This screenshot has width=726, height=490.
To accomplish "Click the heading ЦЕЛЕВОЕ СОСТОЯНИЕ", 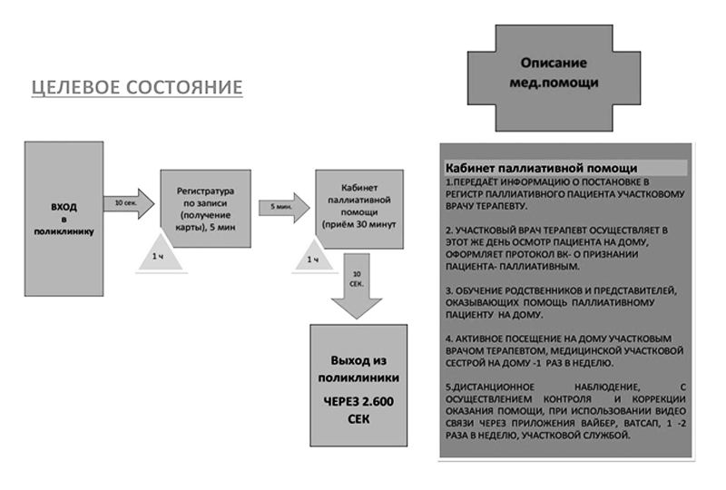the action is (x=137, y=87).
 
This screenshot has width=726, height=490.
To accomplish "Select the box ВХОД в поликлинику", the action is (x=64, y=219).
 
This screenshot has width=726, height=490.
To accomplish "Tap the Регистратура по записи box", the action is (x=206, y=209).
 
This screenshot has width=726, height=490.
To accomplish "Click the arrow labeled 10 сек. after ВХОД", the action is (x=129, y=203).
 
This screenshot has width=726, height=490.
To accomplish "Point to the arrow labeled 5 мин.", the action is (x=284, y=208).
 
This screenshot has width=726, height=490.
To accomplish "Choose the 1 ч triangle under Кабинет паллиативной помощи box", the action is (x=314, y=255).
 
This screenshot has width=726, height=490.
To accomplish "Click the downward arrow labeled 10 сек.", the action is (x=357, y=286).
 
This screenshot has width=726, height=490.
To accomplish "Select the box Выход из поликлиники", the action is (x=358, y=386).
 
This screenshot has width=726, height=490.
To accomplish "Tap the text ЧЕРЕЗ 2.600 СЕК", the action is (x=358, y=410).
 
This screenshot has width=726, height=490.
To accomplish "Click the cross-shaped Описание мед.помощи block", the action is (x=554, y=78).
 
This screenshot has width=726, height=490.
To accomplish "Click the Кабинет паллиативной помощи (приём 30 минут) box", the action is (x=359, y=210).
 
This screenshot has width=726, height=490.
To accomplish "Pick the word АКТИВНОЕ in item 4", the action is (x=477, y=338).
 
